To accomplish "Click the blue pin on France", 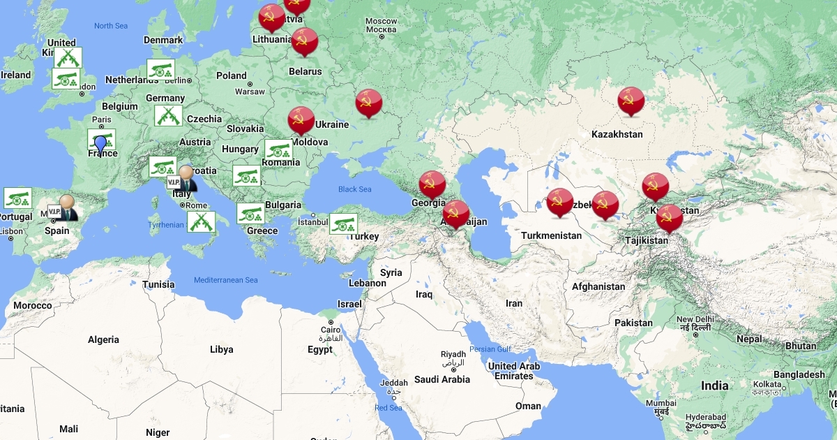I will coord(100,145).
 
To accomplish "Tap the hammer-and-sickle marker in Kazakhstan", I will coord(631,101).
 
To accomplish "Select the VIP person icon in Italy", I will coord(186,178).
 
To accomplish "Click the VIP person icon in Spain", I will coord(66,207).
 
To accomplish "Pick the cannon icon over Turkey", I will coord(343,224).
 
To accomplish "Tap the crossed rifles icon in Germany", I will coord(168,116).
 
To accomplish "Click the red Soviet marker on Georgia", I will coord(432,184).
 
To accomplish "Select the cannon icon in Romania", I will coord(278,150).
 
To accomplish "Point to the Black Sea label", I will coord(355,189).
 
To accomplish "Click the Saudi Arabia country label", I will coord(442,379).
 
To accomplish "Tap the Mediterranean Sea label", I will coord(226,280).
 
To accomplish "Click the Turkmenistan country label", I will coord(551,235).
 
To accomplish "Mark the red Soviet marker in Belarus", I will coord(304,42).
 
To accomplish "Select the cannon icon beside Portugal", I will coord(17,198).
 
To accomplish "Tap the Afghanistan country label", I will coord(598,286).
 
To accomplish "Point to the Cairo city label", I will coord(330,330).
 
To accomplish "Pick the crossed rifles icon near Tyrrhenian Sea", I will coord(201,222).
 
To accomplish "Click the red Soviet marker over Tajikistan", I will coord(669,219).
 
